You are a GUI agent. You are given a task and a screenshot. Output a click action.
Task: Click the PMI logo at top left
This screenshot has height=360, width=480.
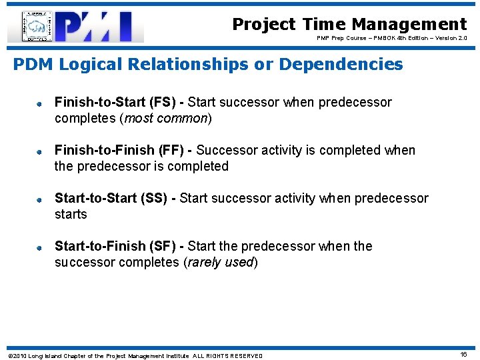coord(75,27)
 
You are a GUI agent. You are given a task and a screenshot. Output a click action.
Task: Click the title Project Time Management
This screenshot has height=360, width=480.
coord(349,25)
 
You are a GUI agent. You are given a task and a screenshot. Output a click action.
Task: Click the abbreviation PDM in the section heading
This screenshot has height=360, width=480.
coord(34,65)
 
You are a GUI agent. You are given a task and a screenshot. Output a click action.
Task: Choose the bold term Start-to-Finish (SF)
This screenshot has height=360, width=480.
coord(115,247)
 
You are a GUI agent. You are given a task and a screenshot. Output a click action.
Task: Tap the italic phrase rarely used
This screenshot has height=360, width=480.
coord(221,263)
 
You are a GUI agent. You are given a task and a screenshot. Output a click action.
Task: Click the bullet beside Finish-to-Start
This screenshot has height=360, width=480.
coord(40,104)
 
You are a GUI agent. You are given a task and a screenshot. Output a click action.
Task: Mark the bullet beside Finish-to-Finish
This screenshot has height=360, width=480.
coord(40,152)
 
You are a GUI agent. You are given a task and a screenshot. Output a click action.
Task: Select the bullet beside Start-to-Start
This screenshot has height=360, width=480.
coord(40,200)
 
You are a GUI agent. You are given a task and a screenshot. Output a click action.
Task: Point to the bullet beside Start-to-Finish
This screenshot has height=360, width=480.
coord(40,248)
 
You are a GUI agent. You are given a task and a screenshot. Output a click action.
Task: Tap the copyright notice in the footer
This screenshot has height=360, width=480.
coord(135,356)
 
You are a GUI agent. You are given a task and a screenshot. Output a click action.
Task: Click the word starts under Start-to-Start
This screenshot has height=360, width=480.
coord(71,215)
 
